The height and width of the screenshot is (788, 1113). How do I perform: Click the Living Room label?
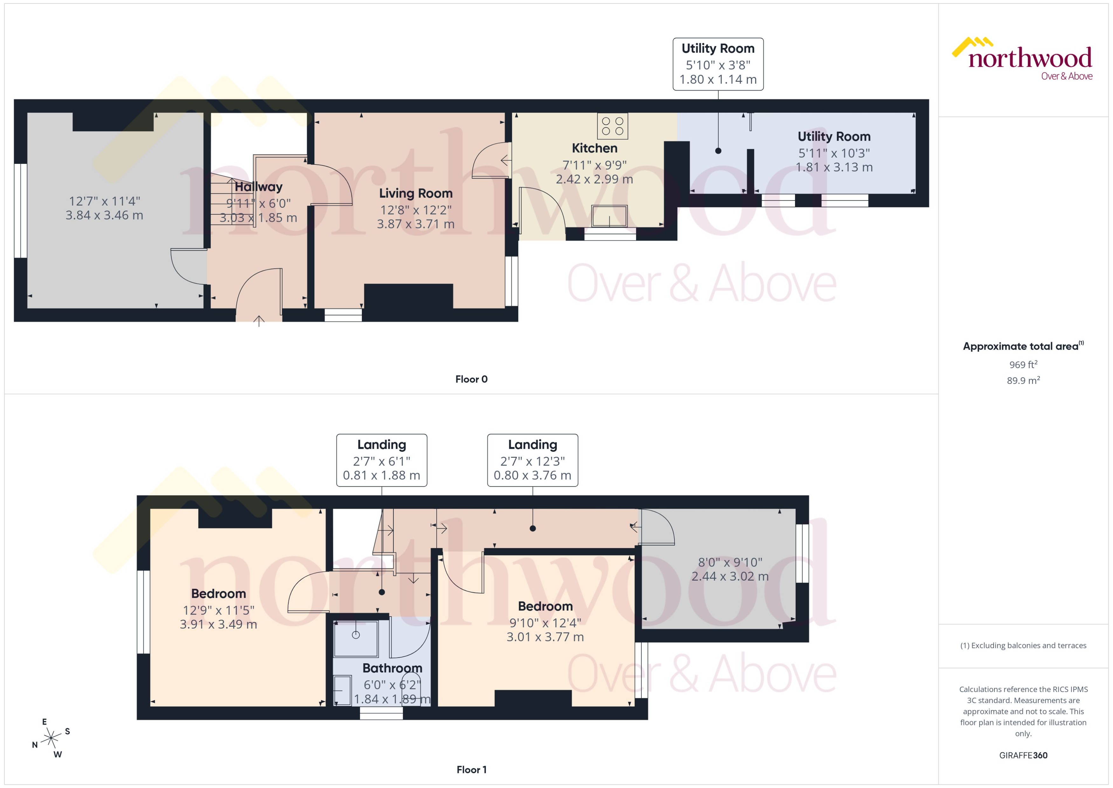point(416,193)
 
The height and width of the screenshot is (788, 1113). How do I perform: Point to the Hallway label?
point(259,187)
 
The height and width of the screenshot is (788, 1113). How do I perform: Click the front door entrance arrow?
point(259,320)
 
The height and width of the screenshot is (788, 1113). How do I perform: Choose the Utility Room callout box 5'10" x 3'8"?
point(718,64)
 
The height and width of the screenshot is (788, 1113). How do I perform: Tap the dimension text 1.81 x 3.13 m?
point(834,167)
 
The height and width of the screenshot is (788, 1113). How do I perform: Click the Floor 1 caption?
point(471,770)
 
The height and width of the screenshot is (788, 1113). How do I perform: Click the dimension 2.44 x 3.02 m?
point(729,576)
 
